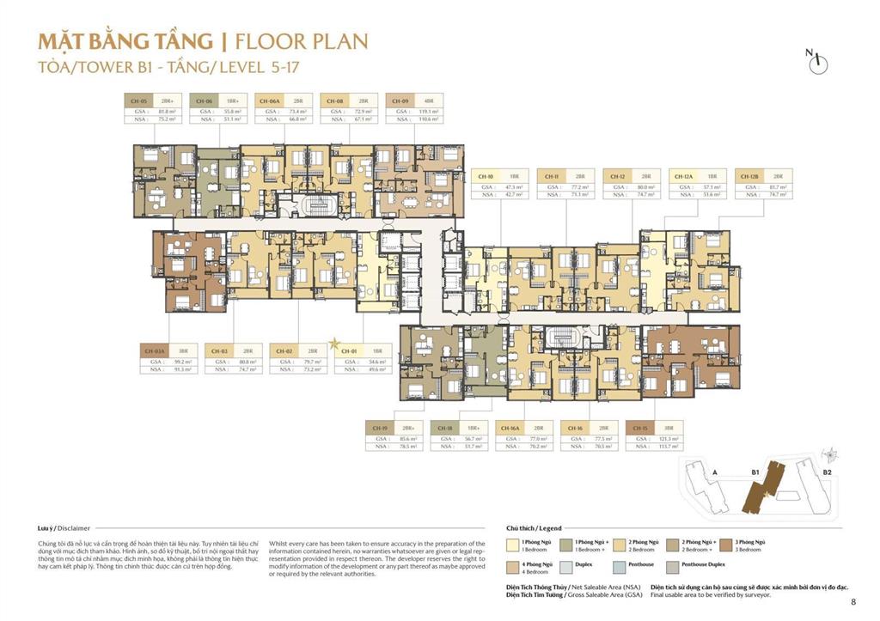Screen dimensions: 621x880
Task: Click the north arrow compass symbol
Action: tap(820, 59)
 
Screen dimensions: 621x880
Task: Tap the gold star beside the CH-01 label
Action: tap(335, 342)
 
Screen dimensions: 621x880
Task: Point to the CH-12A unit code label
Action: tap(684, 175)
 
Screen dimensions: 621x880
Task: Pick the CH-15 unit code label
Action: tap(639, 427)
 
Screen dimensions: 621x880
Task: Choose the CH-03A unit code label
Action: tap(155, 350)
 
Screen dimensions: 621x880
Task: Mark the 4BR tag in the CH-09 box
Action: tap(429, 100)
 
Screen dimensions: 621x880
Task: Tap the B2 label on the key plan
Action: tap(827, 472)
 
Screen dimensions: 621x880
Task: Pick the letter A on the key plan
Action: tap(715, 472)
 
